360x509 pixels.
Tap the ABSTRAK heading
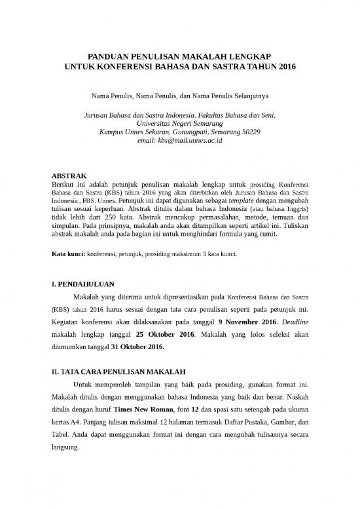[69, 176]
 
